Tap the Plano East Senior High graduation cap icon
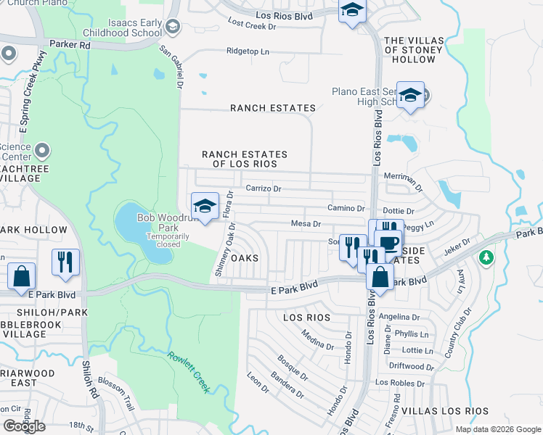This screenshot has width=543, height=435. click(x=410, y=96)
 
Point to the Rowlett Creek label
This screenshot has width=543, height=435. click(x=189, y=372)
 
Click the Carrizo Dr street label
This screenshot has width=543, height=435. click(x=263, y=188)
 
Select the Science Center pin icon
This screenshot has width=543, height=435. click(x=42, y=151)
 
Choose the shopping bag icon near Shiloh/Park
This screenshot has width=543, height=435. click(x=22, y=276)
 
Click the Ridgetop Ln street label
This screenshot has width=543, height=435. click(x=248, y=52)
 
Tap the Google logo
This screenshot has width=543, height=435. click(x=24, y=426)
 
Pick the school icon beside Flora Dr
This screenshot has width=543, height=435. click(x=205, y=207)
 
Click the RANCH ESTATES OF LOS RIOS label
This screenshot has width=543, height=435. click(x=245, y=159)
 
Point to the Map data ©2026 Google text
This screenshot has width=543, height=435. click(x=498, y=429)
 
